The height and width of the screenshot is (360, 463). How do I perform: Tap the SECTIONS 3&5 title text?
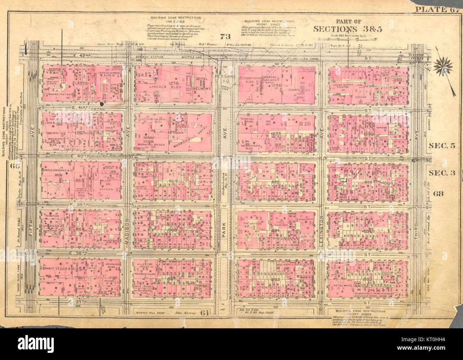(x=348, y=29)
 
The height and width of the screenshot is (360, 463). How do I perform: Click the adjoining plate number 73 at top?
(x=225, y=36)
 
